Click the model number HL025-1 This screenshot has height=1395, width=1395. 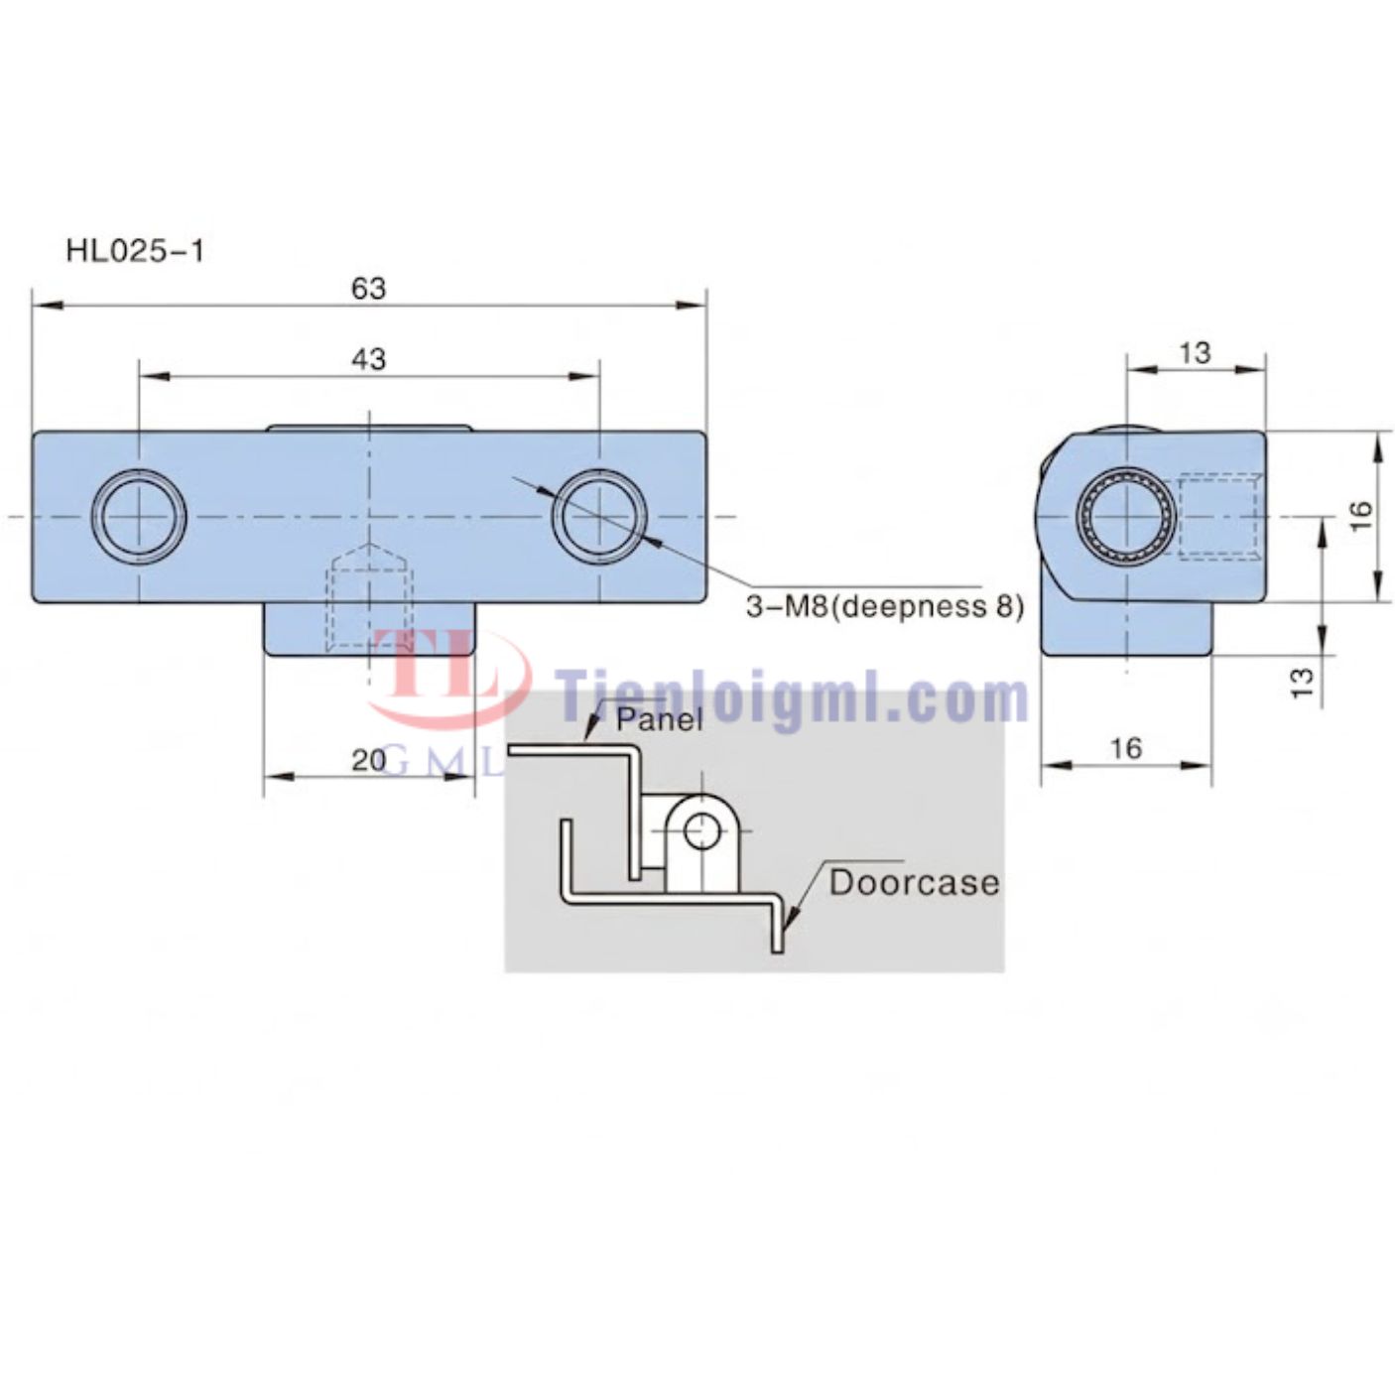(x=135, y=251)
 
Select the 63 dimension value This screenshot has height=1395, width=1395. (x=368, y=289)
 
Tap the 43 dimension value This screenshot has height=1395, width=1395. (x=368, y=359)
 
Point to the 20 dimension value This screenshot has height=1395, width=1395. (x=368, y=760)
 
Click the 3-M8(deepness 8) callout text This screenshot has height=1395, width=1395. (x=885, y=606)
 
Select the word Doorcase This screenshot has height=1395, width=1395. (x=915, y=882)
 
